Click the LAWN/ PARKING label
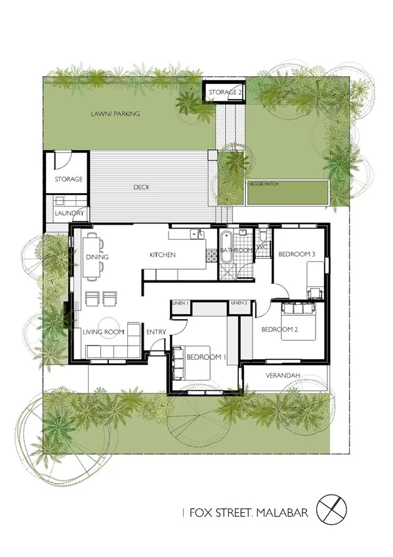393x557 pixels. tap(115, 114)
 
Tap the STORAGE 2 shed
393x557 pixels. tap(226, 93)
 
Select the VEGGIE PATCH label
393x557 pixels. tap(264, 185)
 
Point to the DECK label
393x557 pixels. tap(142, 187)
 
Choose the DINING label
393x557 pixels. tap(97, 257)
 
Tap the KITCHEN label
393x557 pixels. tap(162, 255)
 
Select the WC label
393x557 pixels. tap(260, 248)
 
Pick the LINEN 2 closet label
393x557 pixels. tap(239, 303)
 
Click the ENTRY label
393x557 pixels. tap(155, 332)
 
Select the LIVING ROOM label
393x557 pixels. tap(104, 332)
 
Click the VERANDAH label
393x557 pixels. tap(283, 376)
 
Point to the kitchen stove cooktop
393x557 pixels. tap(212, 256)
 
